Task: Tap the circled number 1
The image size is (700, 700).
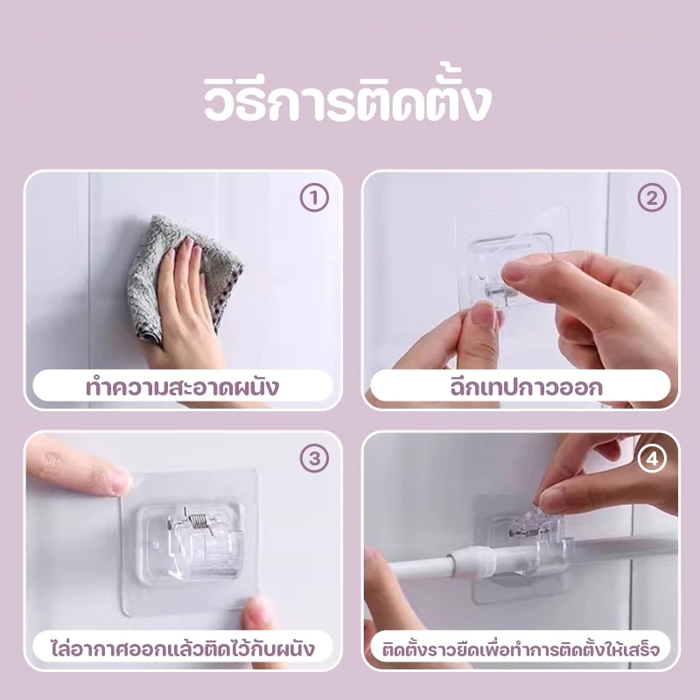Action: point(313,199)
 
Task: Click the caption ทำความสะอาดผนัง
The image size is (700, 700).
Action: point(182,387)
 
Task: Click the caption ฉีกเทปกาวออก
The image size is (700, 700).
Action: point(521,387)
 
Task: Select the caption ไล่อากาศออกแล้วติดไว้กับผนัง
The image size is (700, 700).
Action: point(182,649)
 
